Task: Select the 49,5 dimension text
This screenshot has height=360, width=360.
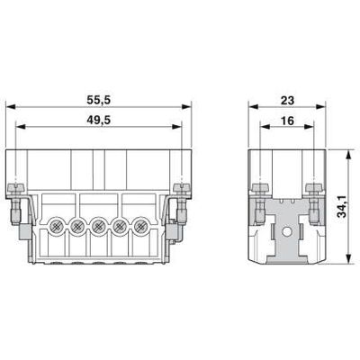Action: point(100,119)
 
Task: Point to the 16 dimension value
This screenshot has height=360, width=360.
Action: point(287,119)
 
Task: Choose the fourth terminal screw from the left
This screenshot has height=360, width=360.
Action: point(121,225)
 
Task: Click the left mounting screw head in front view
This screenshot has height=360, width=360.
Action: point(15,188)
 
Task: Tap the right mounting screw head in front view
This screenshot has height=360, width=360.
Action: point(184,188)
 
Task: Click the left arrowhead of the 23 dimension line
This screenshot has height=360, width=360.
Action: point(250,106)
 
